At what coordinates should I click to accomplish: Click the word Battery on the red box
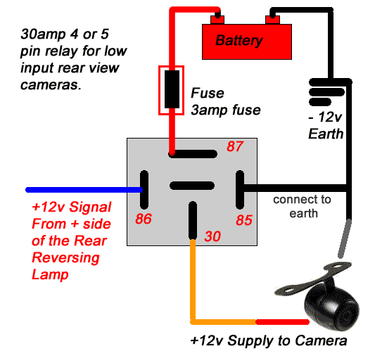click(x=239, y=40)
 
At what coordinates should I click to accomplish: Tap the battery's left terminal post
click(x=217, y=20)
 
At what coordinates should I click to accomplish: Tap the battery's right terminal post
click(x=272, y=20)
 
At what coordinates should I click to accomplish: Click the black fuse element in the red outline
click(x=172, y=89)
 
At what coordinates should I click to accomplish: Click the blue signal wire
click(x=84, y=190)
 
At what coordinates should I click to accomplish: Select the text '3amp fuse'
click(x=226, y=110)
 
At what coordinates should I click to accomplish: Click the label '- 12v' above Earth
click(x=325, y=117)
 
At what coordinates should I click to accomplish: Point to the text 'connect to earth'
click(x=303, y=206)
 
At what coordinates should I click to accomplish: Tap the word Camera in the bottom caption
click(x=320, y=340)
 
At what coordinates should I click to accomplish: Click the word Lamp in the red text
click(x=50, y=275)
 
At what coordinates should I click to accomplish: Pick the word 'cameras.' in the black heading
click(x=51, y=84)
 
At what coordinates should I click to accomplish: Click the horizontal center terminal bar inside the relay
click(x=192, y=186)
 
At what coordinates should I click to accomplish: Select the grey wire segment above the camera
click(x=345, y=238)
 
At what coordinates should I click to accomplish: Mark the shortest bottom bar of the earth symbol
click(x=320, y=102)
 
